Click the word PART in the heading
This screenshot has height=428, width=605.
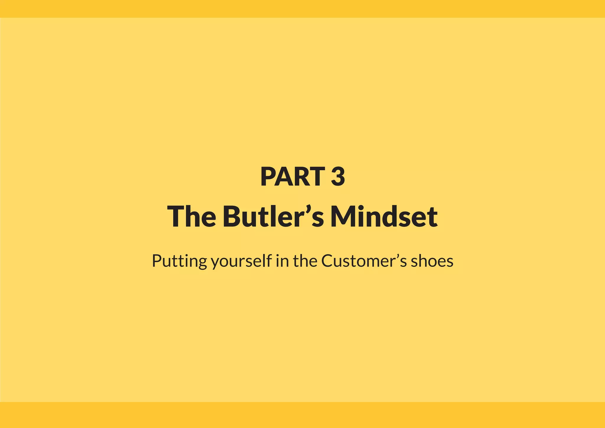coord(292,176)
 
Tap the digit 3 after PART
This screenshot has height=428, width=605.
coord(338,176)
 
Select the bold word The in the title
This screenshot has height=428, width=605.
coord(191,216)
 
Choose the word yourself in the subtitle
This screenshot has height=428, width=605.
coord(241,261)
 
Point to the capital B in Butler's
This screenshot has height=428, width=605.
coord(232,216)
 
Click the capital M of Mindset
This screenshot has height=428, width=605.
coord(344,216)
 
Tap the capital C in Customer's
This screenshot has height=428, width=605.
coord(328,261)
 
